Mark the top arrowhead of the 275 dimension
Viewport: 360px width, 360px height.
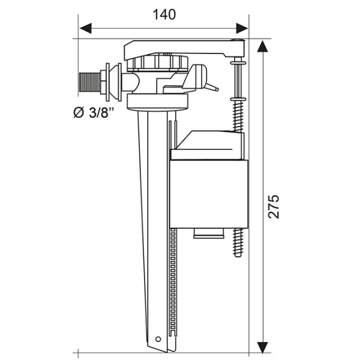(262, 47)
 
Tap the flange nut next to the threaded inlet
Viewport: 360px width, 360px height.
(109, 81)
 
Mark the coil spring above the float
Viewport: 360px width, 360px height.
(238, 114)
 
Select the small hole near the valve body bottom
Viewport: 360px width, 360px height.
(158, 339)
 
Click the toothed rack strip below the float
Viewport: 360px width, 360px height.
(174, 282)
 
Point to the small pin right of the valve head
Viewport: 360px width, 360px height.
(213, 88)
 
